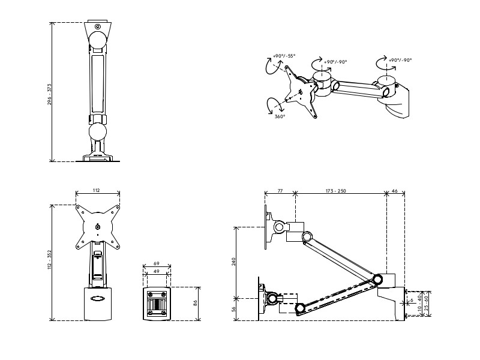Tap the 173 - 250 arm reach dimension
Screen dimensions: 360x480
(x=336, y=190)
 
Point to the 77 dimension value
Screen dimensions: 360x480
(x=280, y=190)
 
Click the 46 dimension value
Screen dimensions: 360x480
(x=395, y=190)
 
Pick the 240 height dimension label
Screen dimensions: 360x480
(x=233, y=262)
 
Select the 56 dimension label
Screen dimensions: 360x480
(x=233, y=308)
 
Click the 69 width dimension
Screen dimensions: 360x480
(x=156, y=264)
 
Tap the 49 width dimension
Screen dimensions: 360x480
(x=156, y=272)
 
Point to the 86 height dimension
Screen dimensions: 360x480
(x=196, y=304)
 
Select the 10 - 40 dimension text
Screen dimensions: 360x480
(x=418, y=307)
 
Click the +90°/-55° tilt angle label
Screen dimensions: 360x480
(x=284, y=56)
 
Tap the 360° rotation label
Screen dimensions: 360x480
(x=280, y=117)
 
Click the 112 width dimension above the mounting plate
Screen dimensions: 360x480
(x=96, y=190)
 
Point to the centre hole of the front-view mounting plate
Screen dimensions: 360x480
(x=98, y=227)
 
